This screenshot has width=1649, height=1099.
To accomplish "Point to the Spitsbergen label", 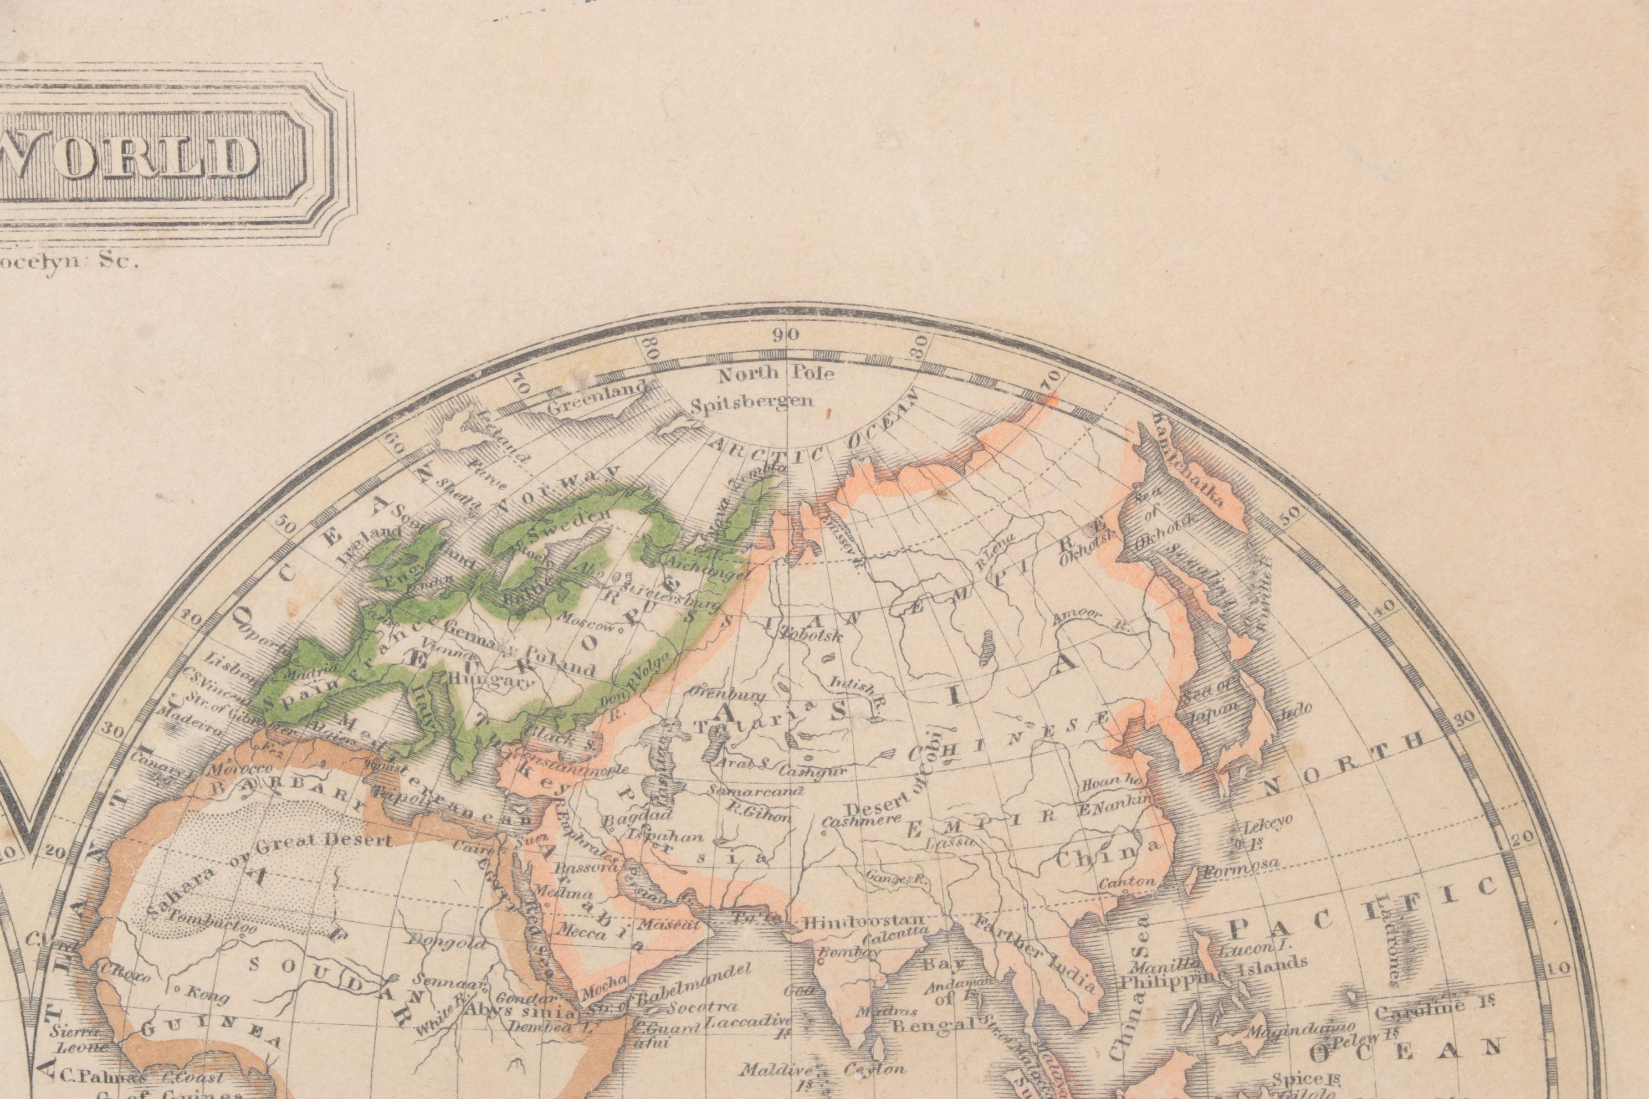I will pos(752,402).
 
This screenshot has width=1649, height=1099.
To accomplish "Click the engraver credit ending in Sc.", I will pos(70,263).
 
